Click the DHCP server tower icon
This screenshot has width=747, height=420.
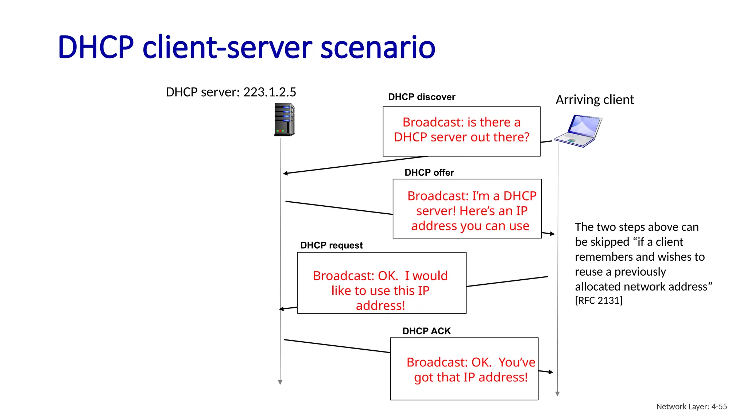284,120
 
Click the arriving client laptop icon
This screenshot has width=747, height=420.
579,131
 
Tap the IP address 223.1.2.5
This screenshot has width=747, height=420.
270,92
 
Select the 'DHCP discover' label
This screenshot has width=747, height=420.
422,97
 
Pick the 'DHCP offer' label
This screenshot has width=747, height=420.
429,172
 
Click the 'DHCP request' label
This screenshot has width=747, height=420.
331,245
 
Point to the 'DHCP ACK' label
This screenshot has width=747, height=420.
426,331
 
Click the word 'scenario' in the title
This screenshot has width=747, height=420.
378,47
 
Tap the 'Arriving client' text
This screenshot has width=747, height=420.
595,100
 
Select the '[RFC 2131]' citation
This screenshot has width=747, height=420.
599,300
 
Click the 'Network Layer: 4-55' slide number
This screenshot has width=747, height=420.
691,407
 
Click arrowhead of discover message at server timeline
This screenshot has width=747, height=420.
285,173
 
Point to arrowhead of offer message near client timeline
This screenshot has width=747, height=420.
553,234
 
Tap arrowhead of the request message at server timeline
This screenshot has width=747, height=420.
281,309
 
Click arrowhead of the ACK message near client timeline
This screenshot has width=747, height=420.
551,372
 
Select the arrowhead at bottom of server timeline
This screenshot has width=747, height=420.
280,382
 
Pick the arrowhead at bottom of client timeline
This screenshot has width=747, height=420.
557,394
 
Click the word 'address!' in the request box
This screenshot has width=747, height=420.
380,306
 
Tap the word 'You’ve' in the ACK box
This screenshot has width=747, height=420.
516,362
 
